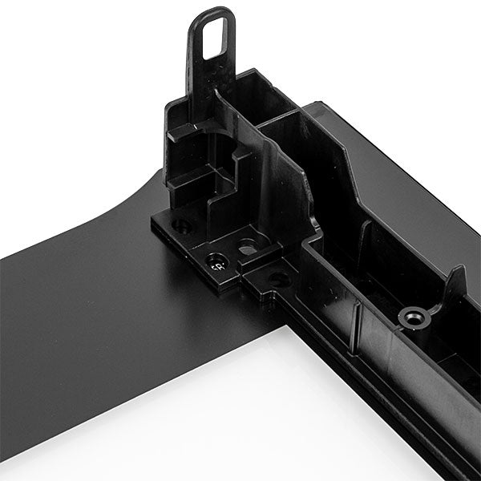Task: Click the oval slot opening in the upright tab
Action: (213, 36)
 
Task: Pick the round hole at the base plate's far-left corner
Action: (182, 227)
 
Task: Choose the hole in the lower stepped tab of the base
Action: (278, 278)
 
